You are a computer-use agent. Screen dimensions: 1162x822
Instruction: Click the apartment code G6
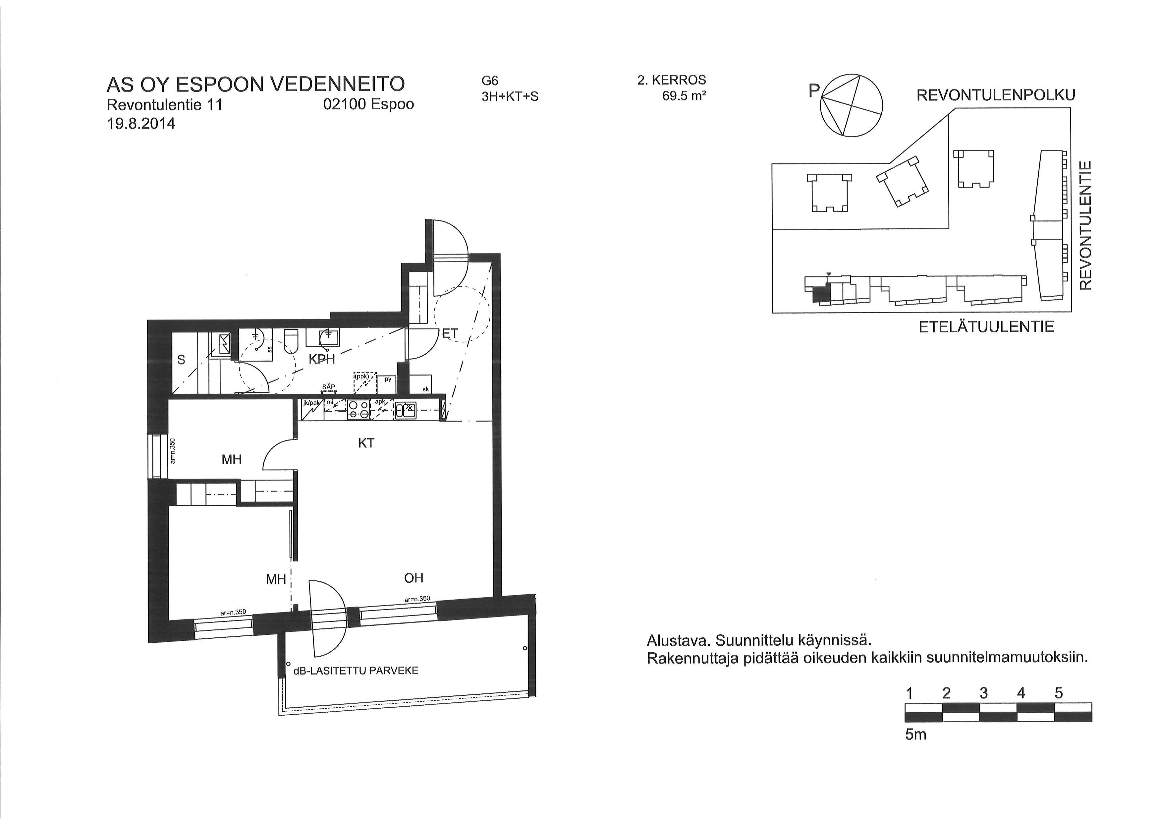tap(490, 81)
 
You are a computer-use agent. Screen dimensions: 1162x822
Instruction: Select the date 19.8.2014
tap(141, 124)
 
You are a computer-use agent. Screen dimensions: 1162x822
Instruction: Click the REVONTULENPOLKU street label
tap(996, 95)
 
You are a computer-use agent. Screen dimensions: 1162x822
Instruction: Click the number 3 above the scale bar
tap(984, 693)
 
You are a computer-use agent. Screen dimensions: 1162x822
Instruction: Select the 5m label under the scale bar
tap(915, 734)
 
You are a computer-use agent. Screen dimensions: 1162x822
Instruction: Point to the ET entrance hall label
tap(450, 333)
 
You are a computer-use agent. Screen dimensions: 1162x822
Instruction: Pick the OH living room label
tap(414, 578)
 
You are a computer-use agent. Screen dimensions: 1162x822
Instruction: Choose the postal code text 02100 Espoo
tap(368, 104)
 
